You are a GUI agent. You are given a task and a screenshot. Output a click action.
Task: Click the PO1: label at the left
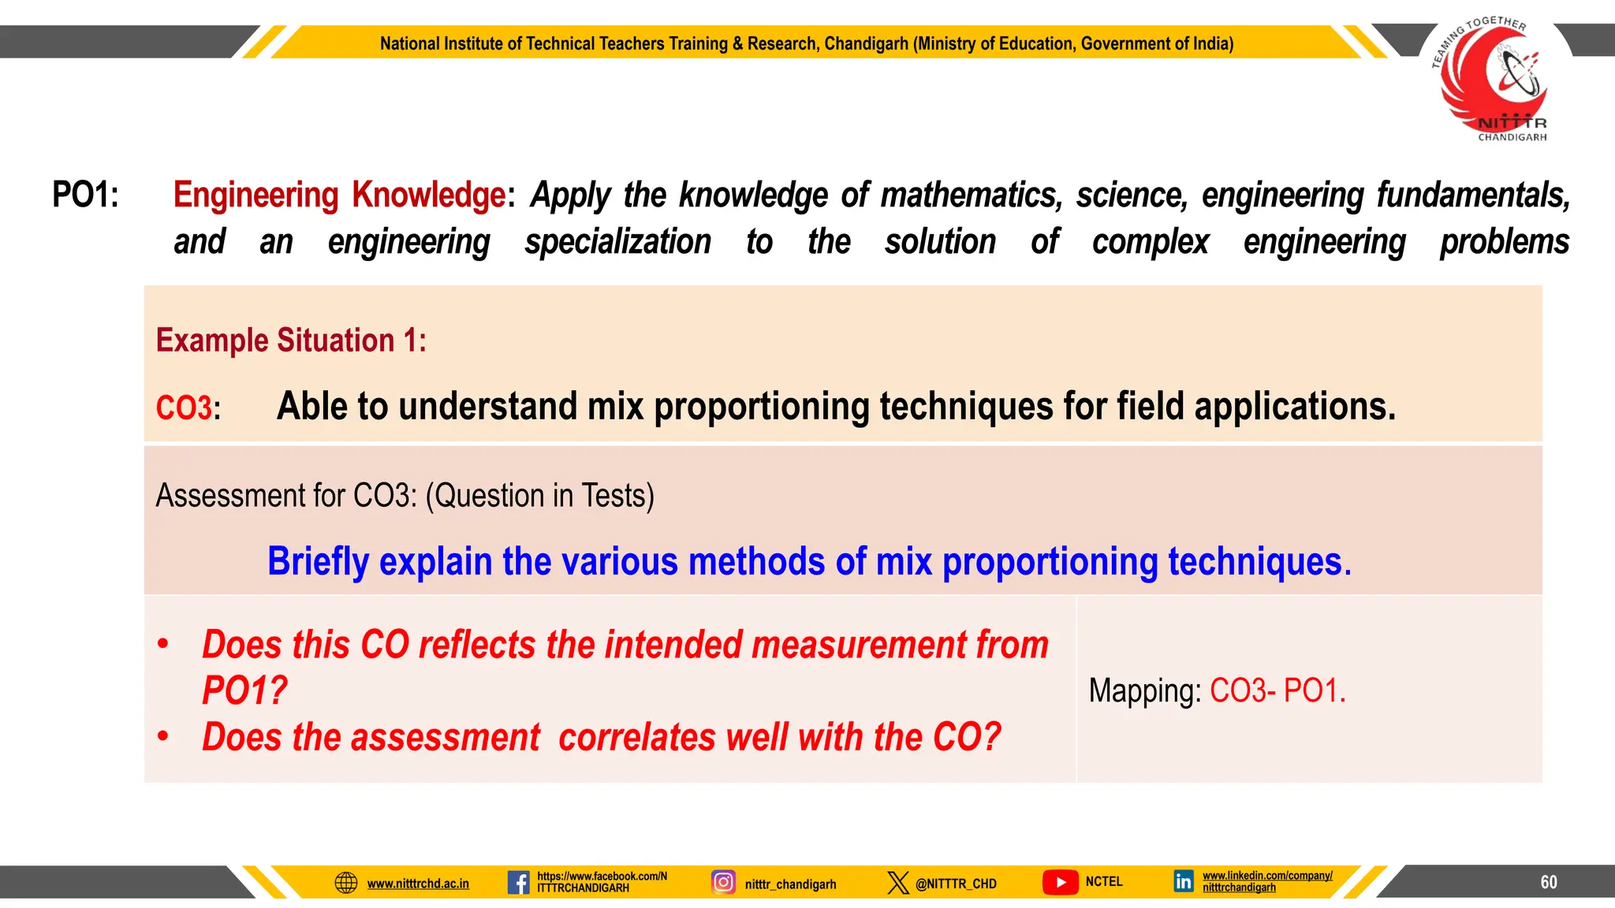[x=85, y=195]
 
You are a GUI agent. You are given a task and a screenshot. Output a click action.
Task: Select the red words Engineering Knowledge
[x=339, y=195]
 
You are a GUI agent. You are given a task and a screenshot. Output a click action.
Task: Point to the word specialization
[x=617, y=242]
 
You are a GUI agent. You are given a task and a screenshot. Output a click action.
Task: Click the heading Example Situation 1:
[x=291, y=340]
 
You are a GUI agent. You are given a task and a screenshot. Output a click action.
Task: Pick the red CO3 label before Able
[x=184, y=407]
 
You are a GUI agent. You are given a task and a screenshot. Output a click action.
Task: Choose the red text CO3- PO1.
[x=1277, y=690]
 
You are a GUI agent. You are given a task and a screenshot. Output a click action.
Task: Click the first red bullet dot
[x=163, y=644]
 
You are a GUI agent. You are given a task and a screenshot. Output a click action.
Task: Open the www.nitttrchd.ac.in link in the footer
[x=418, y=884]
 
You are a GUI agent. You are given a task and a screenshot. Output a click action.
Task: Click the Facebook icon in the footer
[x=518, y=882]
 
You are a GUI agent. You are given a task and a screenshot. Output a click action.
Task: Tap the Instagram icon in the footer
[x=723, y=882]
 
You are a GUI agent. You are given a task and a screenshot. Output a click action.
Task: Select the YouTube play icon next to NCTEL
[x=1061, y=882]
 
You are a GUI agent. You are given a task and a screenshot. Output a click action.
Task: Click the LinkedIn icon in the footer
[x=1184, y=881]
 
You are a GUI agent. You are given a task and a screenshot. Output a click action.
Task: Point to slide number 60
[x=1549, y=882]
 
